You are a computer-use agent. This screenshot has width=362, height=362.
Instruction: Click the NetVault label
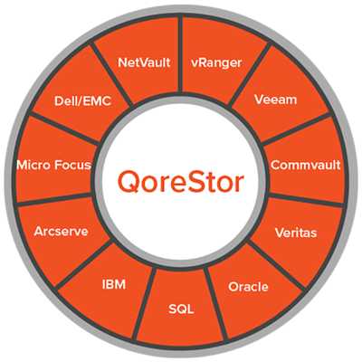coord(144,62)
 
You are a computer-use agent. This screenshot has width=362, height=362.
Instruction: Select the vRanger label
coord(216,63)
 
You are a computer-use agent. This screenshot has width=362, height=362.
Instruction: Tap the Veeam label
coord(275,100)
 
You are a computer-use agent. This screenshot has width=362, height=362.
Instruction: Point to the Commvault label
coord(306,165)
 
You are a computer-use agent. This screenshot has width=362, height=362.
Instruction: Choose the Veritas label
coord(296,233)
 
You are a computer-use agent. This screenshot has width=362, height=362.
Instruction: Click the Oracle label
coord(248,287)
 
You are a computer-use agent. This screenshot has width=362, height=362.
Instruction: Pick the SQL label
coord(181,310)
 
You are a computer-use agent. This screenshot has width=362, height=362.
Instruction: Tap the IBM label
coord(114,284)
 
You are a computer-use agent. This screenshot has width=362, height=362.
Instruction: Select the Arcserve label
coord(61,232)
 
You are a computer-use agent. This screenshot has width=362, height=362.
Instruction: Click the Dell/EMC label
coord(82,100)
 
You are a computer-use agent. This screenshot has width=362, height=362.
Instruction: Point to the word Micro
coord(33,165)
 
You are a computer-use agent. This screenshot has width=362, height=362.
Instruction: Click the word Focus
coord(72,165)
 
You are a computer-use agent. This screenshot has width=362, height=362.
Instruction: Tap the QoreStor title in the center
coord(181,183)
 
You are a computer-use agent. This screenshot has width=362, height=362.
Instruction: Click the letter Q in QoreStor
coord(129,183)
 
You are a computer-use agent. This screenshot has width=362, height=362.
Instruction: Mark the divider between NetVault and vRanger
coord(180,53)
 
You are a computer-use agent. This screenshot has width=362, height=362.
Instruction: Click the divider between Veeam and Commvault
coord(296,129)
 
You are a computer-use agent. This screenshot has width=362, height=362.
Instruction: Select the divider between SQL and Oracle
coord(216,304)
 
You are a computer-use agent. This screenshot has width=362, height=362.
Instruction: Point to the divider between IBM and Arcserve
coord(83,264)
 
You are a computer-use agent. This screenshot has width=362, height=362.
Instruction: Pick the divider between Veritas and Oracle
coord(277,266)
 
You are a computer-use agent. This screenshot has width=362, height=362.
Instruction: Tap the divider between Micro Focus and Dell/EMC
coord(64,129)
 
